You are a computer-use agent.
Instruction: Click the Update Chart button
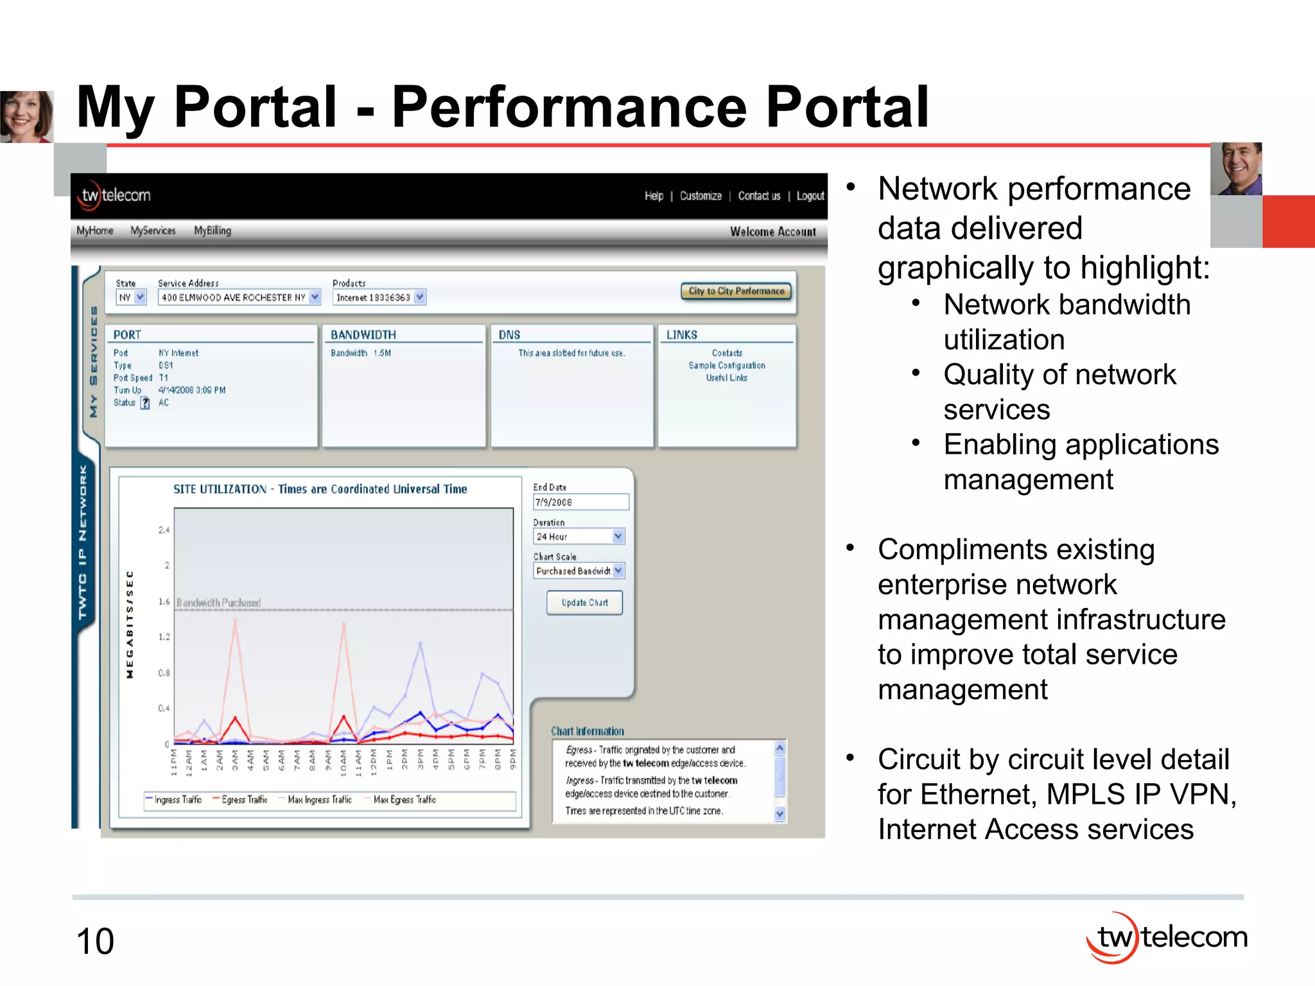(x=584, y=603)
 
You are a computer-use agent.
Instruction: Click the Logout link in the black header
(x=810, y=196)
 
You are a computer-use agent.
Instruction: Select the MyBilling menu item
(x=213, y=230)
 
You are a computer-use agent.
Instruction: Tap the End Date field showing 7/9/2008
(x=580, y=502)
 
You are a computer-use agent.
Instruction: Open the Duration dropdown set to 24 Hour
(x=579, y=536)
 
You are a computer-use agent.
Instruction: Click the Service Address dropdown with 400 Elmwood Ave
(x=239, y=297)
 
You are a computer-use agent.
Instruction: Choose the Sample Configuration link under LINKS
(x=726, y=365)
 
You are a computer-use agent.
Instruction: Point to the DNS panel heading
(x=509, y=334)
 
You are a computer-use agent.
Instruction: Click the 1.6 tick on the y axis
(x=164, y=601)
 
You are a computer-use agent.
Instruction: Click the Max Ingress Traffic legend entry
(x=319, y=800)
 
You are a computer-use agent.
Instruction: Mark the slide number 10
(x=95, y=941)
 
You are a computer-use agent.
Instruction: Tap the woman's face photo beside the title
(x=26, y=116)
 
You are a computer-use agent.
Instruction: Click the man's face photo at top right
(x=1236, y=169)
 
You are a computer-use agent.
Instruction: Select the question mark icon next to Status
(x=145, y=403)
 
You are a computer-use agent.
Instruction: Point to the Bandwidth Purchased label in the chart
(x=218, y=603)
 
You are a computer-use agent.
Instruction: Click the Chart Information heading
(x=587, y=731)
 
